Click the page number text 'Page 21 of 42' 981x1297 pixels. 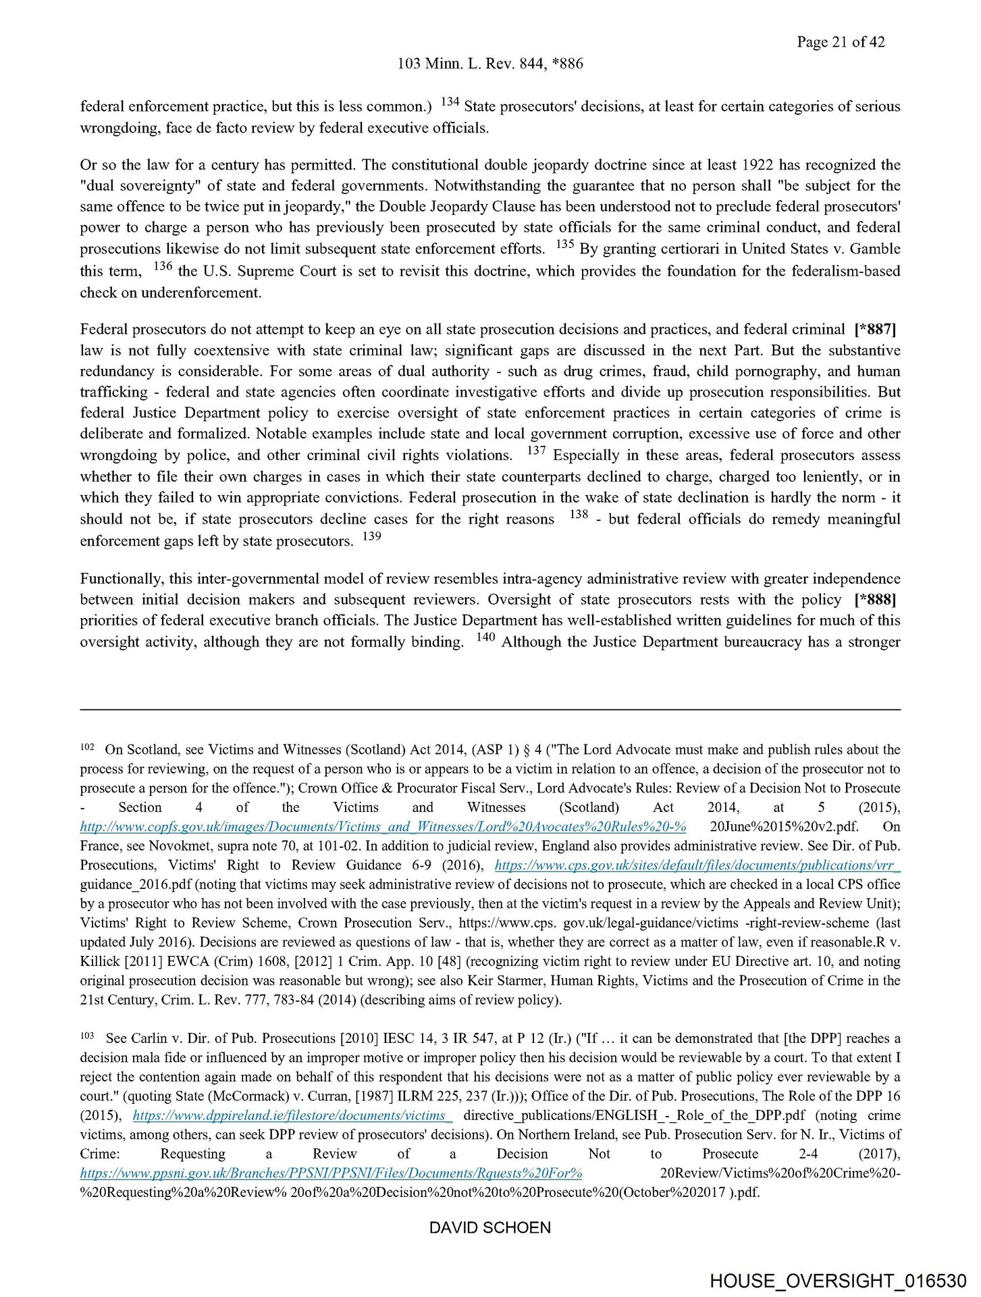[x=840, y=42]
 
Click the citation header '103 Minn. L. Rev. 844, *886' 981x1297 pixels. [x=490, y=63]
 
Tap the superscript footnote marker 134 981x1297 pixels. [x=450, y=102]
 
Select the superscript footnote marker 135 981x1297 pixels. [x=564, y=245]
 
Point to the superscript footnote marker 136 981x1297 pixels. [x=163, y=266]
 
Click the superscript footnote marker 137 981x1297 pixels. [x=537, y=450]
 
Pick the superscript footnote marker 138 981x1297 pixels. [x=579, y=514]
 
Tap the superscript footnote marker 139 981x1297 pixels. [x=372, y=536]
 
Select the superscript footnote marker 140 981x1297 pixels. [x=485, y=637]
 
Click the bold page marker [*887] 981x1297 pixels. [x=875, y=330]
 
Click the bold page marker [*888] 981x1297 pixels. [x=875, y=599]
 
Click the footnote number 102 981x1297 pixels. [x=87, y=748]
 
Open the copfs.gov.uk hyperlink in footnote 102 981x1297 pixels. [x=383, y=826]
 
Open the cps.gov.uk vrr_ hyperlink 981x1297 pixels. [x=697, y=865]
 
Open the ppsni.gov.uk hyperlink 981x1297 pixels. [x=331, y=1173]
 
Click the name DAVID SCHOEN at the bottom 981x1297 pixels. [x=490, y=1227]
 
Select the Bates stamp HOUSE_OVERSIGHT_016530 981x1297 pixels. [x=838, y=1281]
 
